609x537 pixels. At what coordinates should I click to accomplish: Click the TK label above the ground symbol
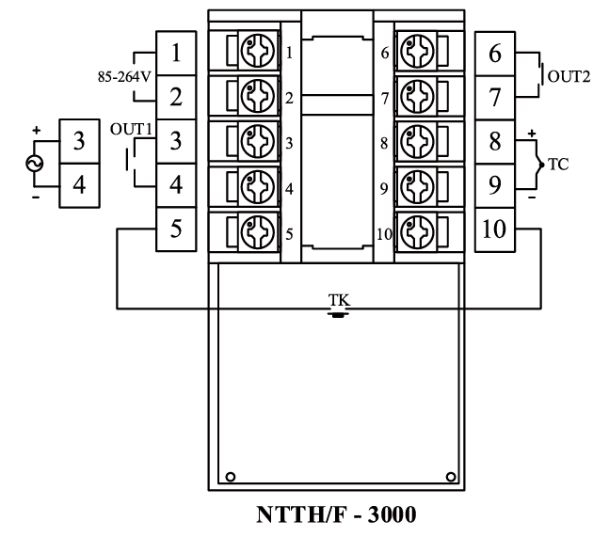click(x=336, y=300)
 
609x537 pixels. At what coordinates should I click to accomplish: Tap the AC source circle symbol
click(x=36, y=162)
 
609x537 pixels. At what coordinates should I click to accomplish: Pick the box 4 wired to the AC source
click(x=79, y=184)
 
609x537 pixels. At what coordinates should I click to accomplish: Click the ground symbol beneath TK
click(x=336, y=313)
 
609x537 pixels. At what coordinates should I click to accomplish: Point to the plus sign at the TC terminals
click(x=532, y=134)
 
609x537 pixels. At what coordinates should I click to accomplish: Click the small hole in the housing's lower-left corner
click(x=230, y=474)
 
